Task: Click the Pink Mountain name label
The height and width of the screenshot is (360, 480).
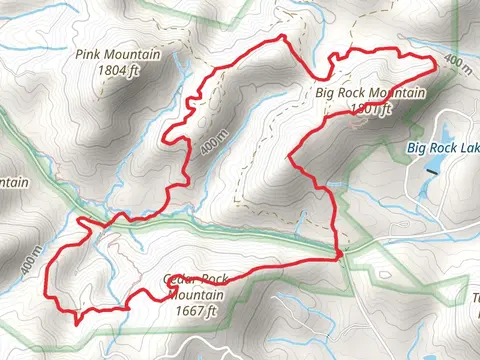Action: (112, 56)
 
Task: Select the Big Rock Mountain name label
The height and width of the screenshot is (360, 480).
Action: (370, 94)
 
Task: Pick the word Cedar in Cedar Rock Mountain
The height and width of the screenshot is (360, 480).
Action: (175, 279)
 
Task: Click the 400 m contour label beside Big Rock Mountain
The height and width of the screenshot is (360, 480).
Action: (456, 63)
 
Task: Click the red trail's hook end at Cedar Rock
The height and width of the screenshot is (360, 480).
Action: (163, 291)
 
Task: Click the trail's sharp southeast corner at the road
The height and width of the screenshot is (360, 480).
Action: (341, 254)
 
